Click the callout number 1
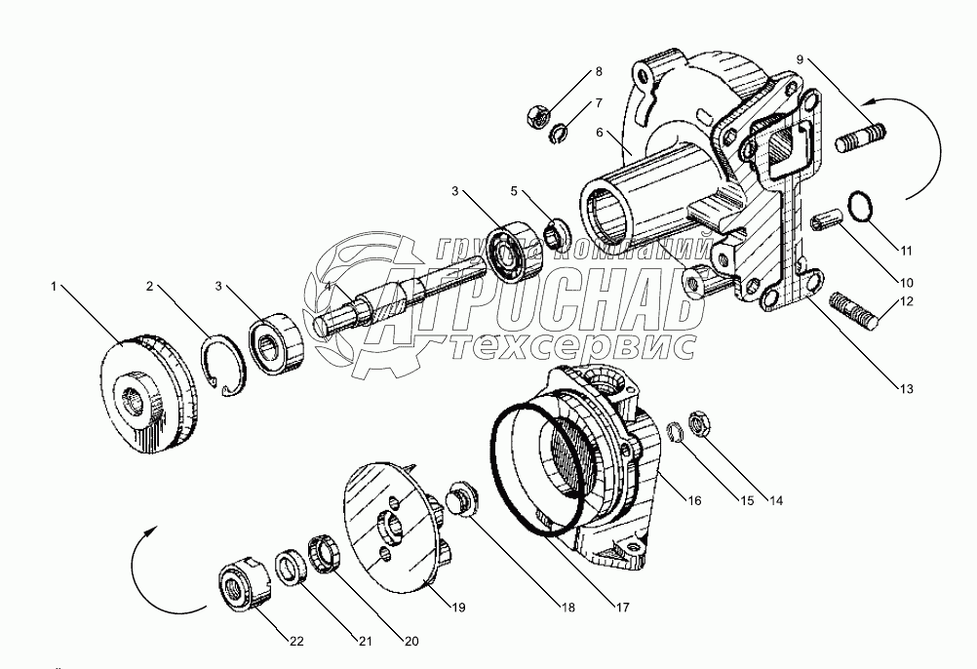coord(54,287)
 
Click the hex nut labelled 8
coord(537,116)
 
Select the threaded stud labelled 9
coord(859,138)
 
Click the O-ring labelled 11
coord(862,205)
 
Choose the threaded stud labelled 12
coord(853,311)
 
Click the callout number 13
coord(907,389)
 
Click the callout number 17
coord(623,607)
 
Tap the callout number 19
coord(458,607)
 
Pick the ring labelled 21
coord(291,568)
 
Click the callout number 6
coord(600,132)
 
